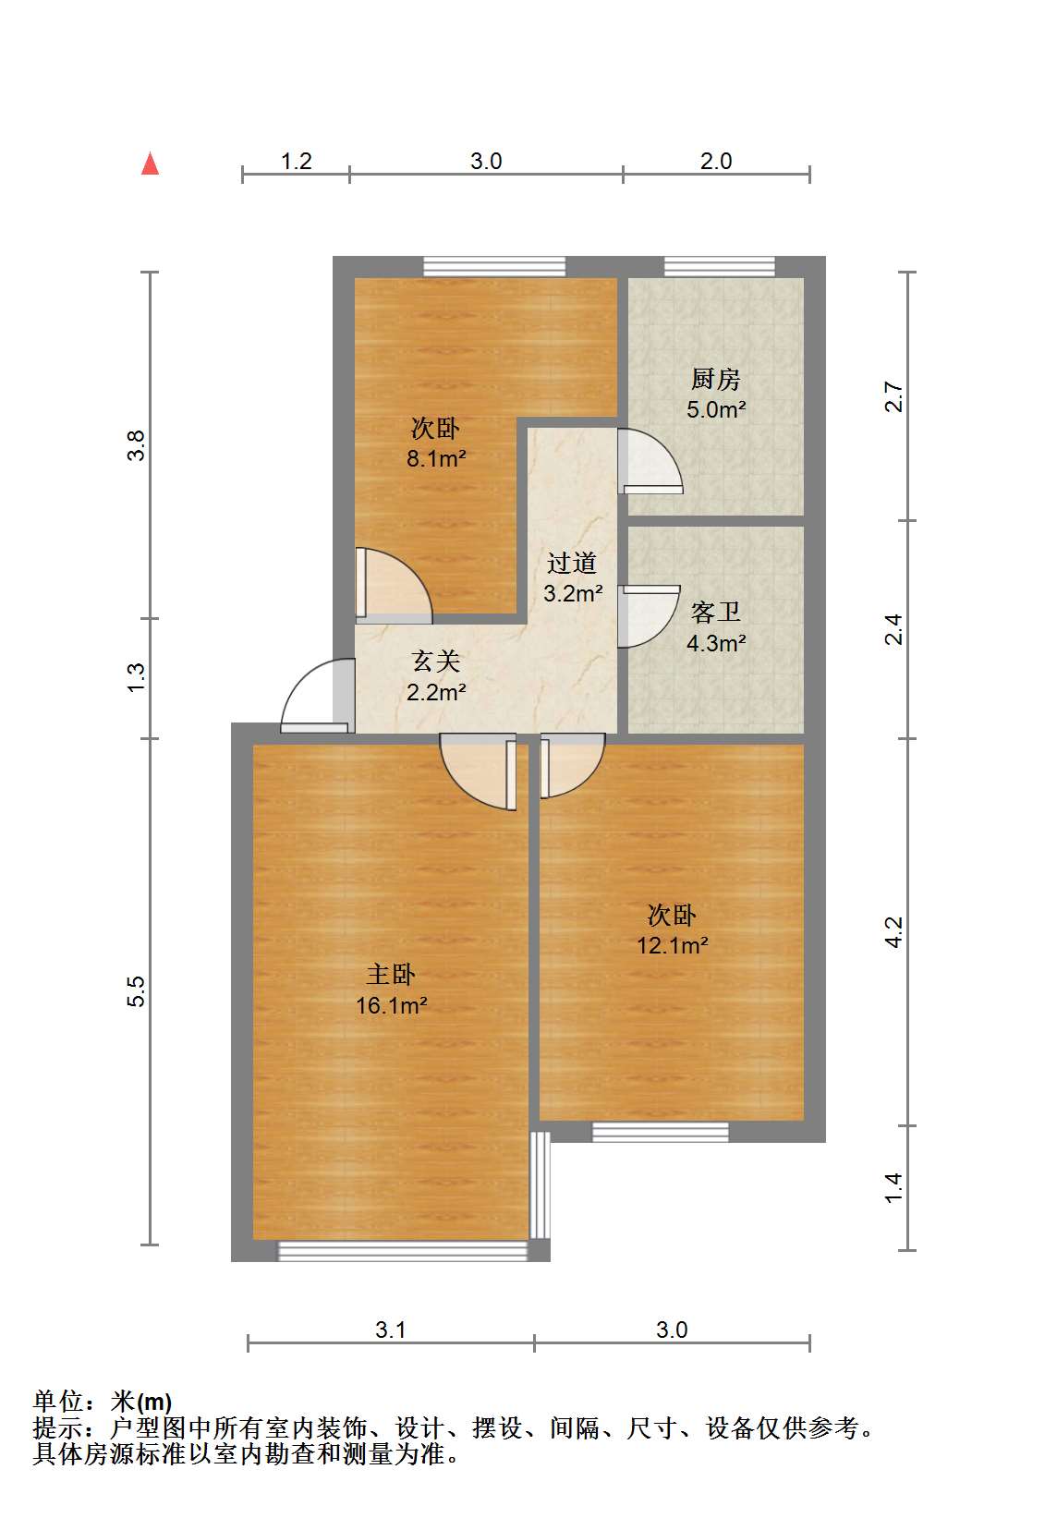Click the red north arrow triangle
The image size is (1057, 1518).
pyautogui.click(x=150, y=164)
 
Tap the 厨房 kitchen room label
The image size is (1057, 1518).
pyautogui.click(x=715, y=379)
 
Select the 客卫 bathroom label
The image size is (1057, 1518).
pyautogui.click(x=715, y=612)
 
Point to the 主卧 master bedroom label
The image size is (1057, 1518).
pyautogui.click(x=391, y=975)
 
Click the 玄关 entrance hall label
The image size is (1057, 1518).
pyautogui.click(x=436, y=662)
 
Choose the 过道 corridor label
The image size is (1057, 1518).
pyautogui.click(x=572, y=563)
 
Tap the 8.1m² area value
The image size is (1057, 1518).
pyautogui.click(x=436, y=459)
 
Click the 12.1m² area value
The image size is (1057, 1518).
pyautogui.click(x=672, y=944)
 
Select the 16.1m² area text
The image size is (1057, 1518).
pyautogui.click(x=391, y=1005)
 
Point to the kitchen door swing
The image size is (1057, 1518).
pyautogui.click(x=650, y=461)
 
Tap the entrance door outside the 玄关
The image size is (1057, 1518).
pyautogui.click(x=317, y=696)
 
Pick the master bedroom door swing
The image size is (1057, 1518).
pyautogui.click(x=479, y=771)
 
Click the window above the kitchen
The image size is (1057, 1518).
pyautogui.click(x=719, y=266)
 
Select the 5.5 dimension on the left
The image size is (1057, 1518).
pyautogui.click(x=136, y=990)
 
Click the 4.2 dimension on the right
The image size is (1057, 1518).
pyautogui.click(x=893, y=932)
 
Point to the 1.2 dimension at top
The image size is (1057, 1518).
pyautogui.click(x=296, y=162)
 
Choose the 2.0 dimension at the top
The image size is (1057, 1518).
pyautogui.click(x=716, y=162)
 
